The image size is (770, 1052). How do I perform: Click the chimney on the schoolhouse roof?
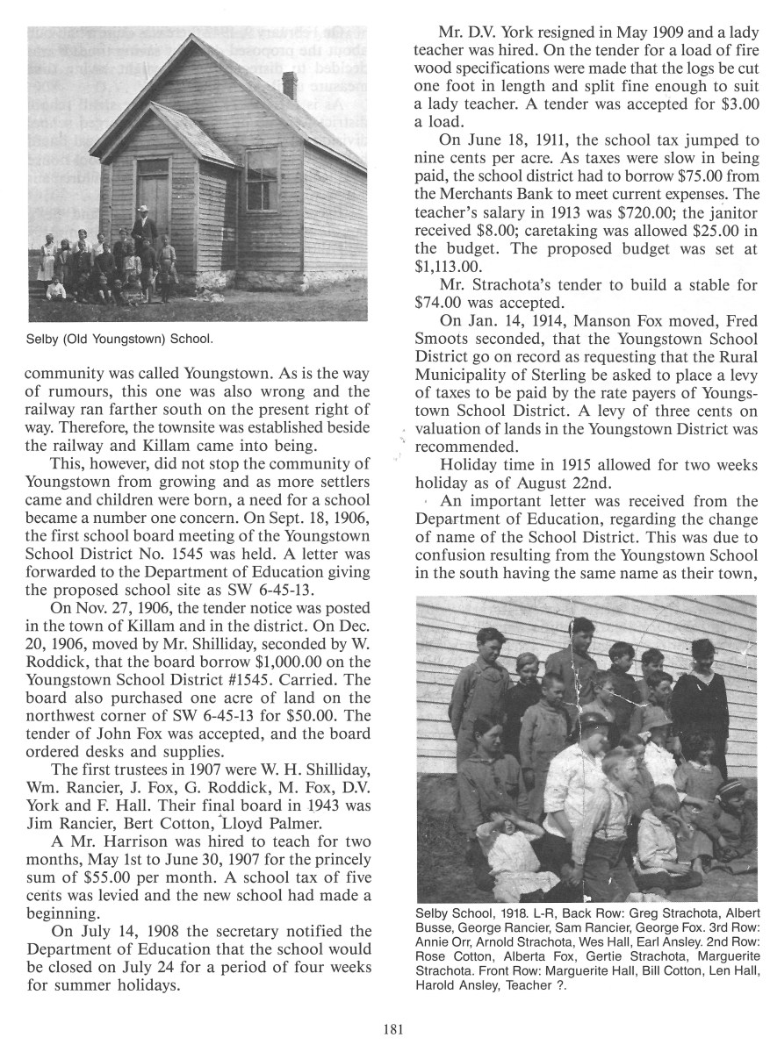289,85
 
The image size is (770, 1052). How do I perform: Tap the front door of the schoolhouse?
153,197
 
